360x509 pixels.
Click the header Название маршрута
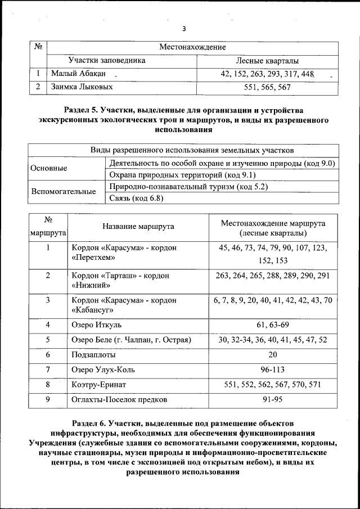(138, 227)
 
